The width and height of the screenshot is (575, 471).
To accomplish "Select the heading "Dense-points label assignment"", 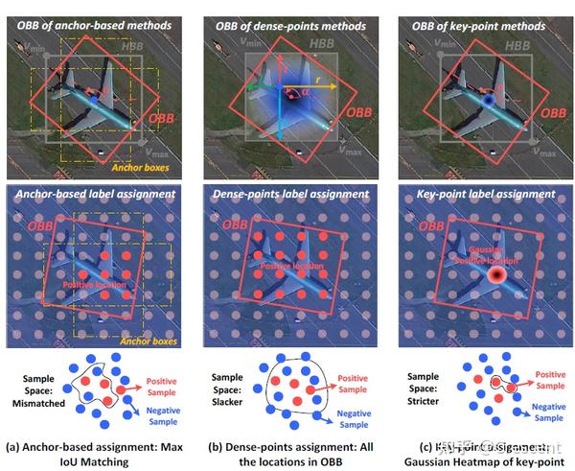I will click(286, 195).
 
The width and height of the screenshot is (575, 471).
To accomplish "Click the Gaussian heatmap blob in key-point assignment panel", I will click(496, 275).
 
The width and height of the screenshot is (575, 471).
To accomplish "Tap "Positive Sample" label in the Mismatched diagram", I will click(164, 385).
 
